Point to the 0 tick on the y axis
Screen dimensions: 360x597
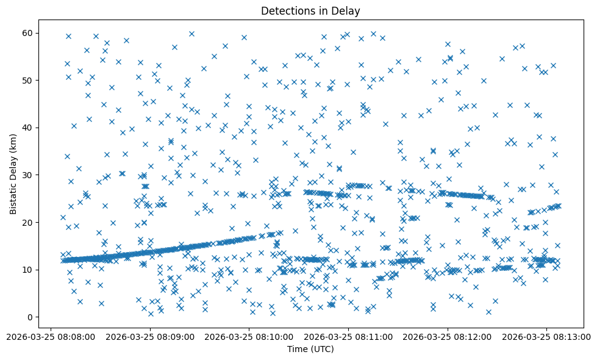tap(29, 317)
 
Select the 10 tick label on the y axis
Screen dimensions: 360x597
tap(26, 270)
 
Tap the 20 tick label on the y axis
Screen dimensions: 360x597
tap(26, 222)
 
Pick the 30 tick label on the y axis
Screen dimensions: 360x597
tap(26, 175)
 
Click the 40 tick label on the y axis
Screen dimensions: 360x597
tap(26, 128)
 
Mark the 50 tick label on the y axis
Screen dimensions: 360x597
tap(26, 80)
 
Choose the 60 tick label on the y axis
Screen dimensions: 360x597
tap(26, 33)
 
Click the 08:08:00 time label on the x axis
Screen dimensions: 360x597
tap(51, 336)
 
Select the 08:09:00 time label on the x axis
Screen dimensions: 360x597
tap(150, 336)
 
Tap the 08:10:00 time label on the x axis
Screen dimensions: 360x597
tap(249, 336)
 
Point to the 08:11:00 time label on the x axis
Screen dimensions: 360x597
tap(349, 336)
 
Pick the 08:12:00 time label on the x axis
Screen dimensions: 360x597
tap(448, 336)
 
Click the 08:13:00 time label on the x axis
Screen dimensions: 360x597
tap(547, 336)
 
